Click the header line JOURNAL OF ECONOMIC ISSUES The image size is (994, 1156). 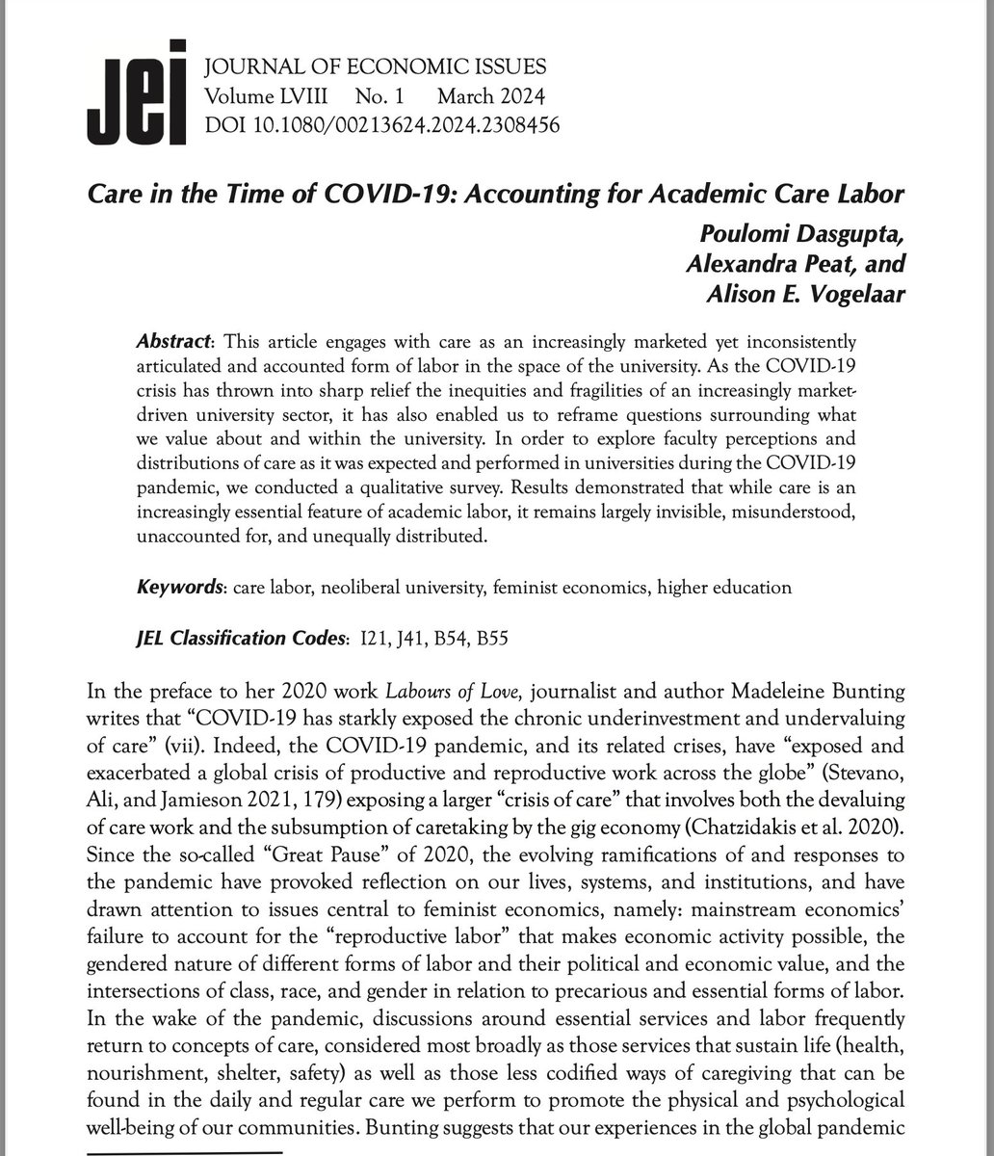coord(375,67)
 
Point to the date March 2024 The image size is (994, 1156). coord(491,96)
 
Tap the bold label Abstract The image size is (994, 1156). coord(171,343)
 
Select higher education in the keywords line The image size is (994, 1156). coord(724,587)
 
